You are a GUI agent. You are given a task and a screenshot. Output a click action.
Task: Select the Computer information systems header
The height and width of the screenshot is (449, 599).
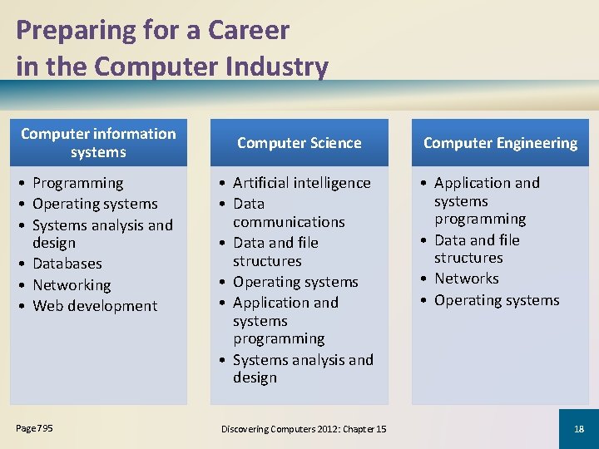pos(98,142)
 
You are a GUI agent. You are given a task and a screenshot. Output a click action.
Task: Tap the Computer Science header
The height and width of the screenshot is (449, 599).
pos(299,143)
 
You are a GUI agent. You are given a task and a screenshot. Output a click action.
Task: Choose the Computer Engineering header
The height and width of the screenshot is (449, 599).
pos(500,143)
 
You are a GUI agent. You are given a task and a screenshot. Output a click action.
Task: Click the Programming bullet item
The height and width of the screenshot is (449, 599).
pos(77,183)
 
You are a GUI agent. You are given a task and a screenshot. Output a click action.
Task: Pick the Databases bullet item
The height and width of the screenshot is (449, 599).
pos(67,264)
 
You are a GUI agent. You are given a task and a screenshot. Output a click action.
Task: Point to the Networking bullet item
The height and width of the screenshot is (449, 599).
pos(72,284)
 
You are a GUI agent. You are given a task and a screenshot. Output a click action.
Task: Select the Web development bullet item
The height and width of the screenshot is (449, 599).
pos(95,305)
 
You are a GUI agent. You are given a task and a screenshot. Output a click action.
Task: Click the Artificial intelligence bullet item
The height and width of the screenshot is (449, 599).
pos(302,183)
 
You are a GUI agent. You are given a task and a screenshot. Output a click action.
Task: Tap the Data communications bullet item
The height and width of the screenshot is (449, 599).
pos(288,213)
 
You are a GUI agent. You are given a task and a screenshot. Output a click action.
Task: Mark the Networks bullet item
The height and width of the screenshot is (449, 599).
pos(466,279)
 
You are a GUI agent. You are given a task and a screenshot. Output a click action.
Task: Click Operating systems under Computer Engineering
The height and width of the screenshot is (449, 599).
pos(497,300)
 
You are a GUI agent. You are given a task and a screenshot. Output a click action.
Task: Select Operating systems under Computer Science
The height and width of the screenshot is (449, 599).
pos(295,282)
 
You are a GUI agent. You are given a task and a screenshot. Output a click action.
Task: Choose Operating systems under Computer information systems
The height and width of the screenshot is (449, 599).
pos(95,204)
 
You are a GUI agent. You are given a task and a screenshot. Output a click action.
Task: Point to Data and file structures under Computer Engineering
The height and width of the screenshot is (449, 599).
pos(477,249)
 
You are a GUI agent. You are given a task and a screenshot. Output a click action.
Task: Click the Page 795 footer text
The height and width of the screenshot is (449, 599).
pos(34,428)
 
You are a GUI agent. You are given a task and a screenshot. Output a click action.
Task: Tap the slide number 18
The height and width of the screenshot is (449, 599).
pos(579,429)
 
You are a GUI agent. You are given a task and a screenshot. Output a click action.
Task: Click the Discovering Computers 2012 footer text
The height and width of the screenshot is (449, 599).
pos(304,429)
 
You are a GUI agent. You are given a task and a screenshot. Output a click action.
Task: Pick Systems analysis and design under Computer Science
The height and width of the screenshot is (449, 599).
pos(303,368)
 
